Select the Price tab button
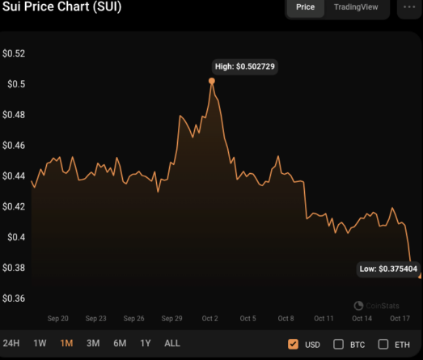tap(305, 6)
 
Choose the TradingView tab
tap(355, 6)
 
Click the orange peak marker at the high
tap(212, 81)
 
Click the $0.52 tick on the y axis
tap(14, 53)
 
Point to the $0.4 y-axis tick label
tap(14, 237)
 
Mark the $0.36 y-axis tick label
tap(14, 299)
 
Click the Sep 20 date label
tap(57, 319)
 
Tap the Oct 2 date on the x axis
tap(209, 319)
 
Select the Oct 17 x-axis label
tap(400, 319)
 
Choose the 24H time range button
tap(11, 344)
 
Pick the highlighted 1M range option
tap(66, 344)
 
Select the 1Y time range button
tap(146, 344)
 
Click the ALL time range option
tap(172, 344)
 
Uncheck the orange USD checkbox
tap(293, 345)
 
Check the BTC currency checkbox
tap(339, 345)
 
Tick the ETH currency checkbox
tap(383, 345)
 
